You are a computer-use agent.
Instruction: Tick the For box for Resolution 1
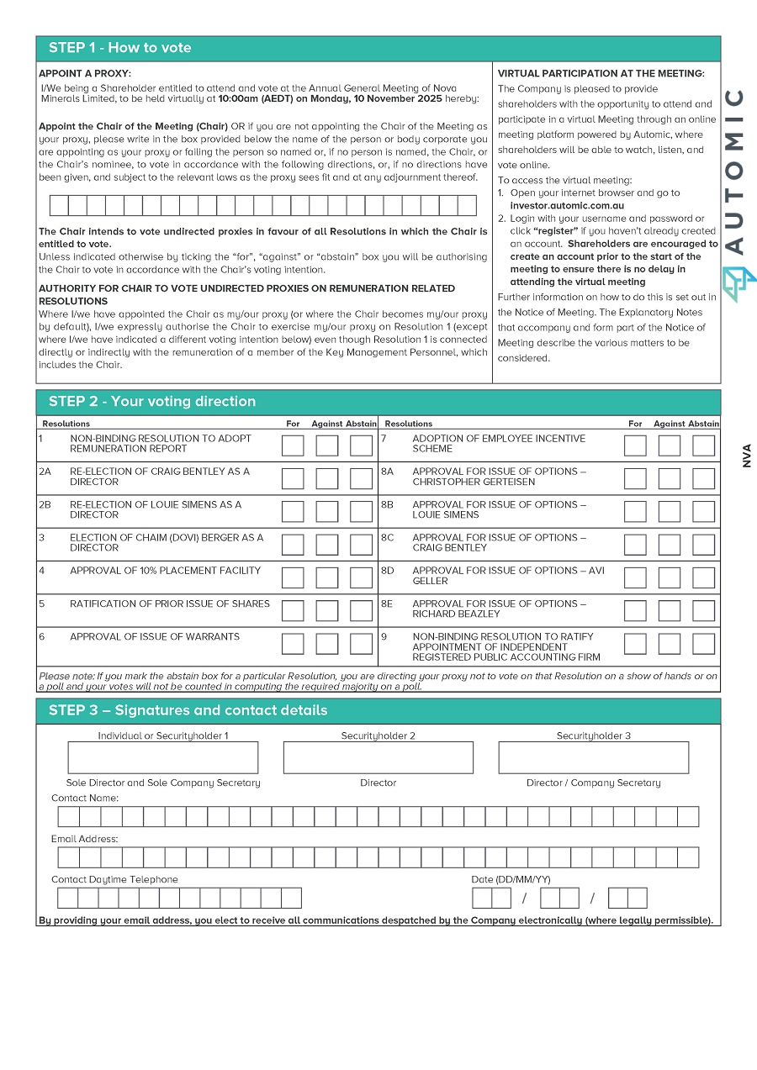coord(293,445)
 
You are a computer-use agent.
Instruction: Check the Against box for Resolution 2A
coord(327,479)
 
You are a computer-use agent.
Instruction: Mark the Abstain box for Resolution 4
coord(361,577)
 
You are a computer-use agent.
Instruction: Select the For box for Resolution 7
coord(635,445)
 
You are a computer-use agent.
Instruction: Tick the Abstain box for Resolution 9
coord(703,644)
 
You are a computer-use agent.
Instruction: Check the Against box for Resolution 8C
coord(670,545)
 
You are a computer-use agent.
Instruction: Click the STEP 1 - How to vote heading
coord(120,48)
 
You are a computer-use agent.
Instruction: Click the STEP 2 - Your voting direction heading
coord(152,402)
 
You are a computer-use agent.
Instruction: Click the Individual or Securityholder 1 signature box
coord(163,757)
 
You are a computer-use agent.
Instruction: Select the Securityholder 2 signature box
coord(378,757)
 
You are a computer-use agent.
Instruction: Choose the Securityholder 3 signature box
coord(594,757)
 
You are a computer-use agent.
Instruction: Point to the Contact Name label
coord(85,798)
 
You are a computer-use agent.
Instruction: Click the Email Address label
coord(85,839)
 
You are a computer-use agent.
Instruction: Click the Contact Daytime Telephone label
coord(114,879)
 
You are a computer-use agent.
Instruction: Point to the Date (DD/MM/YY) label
coord(511,879)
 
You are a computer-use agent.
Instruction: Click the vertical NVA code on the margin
coord(747,456)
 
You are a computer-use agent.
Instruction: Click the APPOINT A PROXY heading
coord(84,74)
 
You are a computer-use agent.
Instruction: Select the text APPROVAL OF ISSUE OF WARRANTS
coord(155,637)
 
